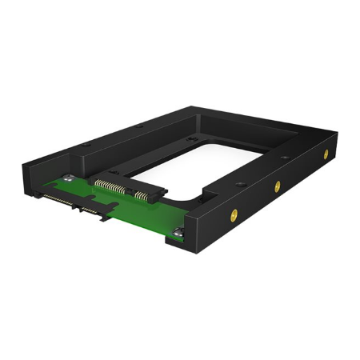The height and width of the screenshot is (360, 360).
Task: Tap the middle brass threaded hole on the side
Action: coord(277,186)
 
